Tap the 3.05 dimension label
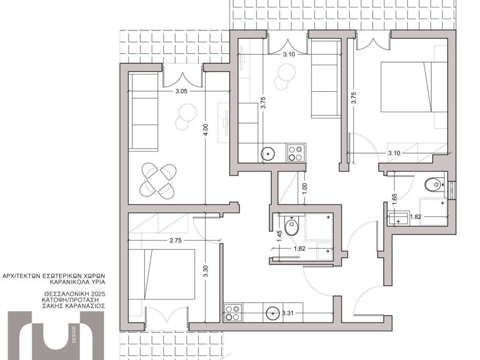click(x=179, y=91)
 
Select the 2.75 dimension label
click(x=175, y=240)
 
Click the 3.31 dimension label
click(x=288, y=313)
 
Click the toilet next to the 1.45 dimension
click(x=292, y=225)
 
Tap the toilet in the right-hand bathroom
click(x=435, y=185)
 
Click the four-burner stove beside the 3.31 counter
click(x=233, y=313)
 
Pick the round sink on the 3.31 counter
click(x=272, y=313)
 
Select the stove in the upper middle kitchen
click(x=296, y=153)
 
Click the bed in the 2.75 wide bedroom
click(x=162, y=274)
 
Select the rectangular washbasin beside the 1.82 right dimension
click(x=398, y=218)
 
